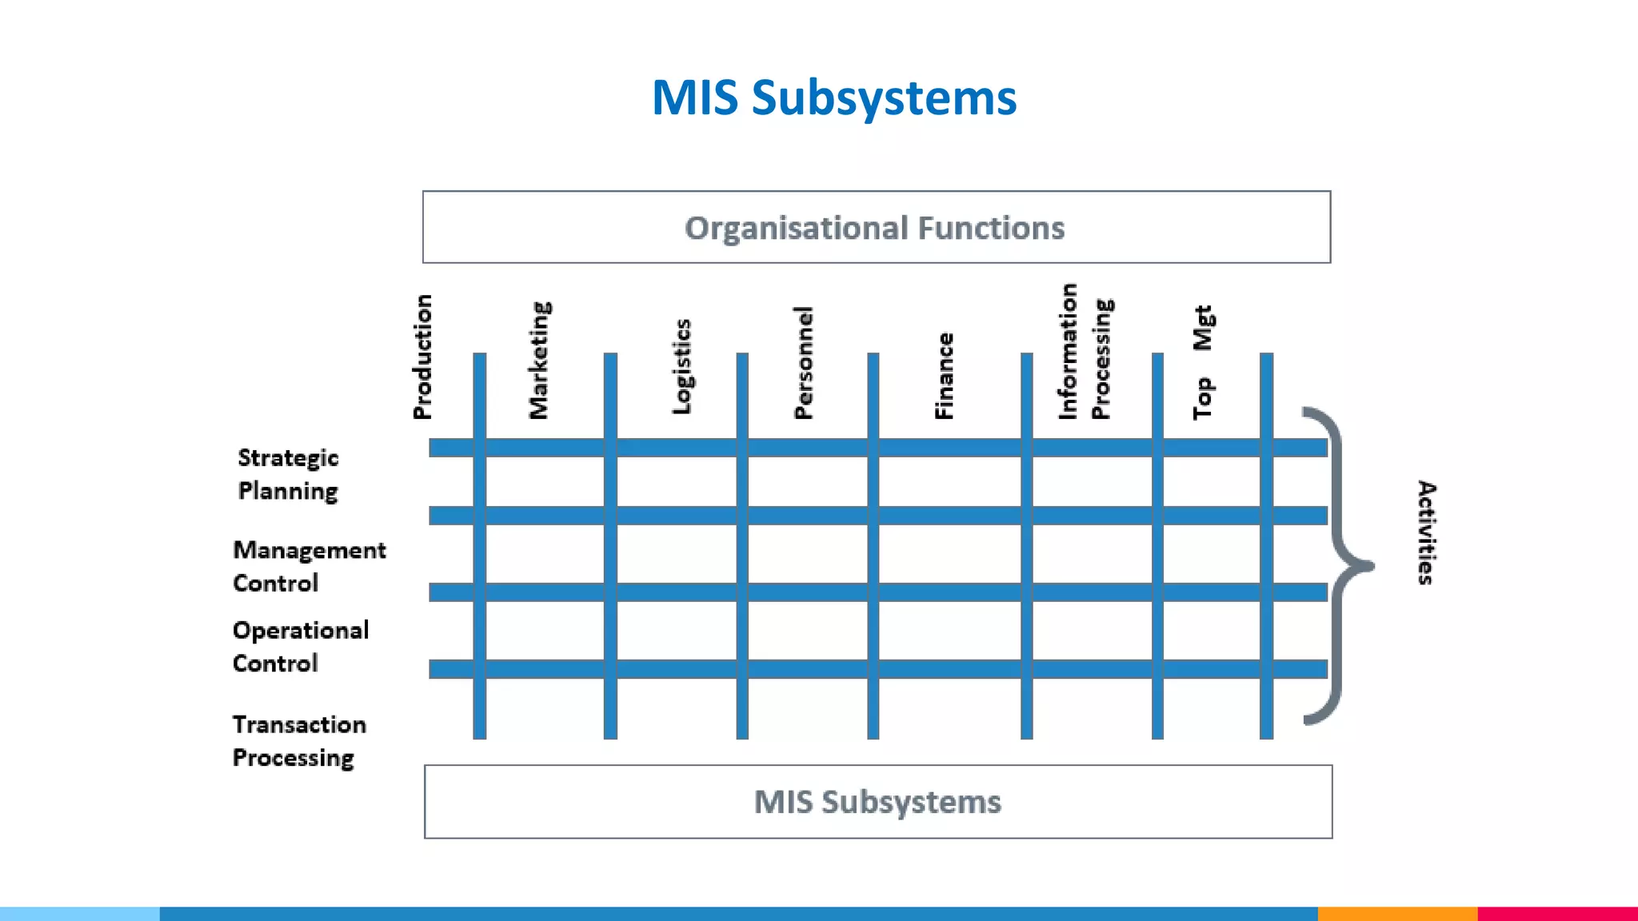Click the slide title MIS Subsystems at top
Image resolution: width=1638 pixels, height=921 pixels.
[x=834, y=98]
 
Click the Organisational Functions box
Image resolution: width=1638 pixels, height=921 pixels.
[x=876, y=227]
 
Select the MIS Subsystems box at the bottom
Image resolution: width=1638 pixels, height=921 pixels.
[x=877, y=802]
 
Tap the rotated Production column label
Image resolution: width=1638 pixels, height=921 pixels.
[x=422, y=357]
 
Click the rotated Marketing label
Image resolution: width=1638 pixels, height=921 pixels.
[x=540, y=361]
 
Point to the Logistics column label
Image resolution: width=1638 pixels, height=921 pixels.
[x=681, y=367]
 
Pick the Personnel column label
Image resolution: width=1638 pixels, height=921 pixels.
[x=803, y=363]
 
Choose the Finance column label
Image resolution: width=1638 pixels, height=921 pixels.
[x=945, y=376]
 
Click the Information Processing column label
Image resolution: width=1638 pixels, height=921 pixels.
[x=1085, y=352]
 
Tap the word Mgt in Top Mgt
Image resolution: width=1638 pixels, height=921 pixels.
[x=1202, y=329]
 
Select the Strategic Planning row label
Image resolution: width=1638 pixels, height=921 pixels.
[x=288, y=474]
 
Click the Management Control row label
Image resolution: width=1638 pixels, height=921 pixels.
[x=309, y=566]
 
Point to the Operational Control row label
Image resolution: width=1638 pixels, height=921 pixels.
[x=300, y=646]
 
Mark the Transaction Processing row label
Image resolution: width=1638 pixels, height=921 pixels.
[x=298, y=740]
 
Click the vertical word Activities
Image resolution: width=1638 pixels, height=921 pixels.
[x=1426, y=532]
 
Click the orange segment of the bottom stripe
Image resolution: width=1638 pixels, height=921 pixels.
[x=1396, y=913]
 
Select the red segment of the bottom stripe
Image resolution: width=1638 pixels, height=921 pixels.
[x=1556, y=913]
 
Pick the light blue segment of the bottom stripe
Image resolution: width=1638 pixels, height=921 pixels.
[x=80, y=913]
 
